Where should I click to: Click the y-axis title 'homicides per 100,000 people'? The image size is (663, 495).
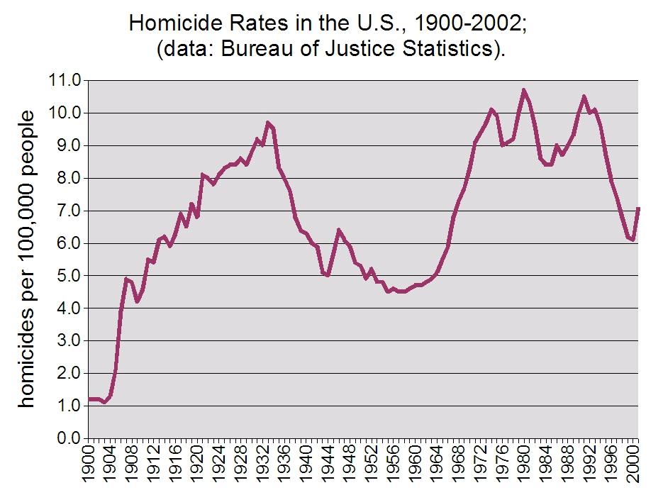27,259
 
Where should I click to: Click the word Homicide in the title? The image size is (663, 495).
174,24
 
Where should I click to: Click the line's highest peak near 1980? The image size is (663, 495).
523,90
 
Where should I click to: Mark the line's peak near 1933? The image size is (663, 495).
268,123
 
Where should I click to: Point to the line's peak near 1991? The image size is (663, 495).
584,96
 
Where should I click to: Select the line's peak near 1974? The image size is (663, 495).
491,109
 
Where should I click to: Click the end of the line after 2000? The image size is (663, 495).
638,208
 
